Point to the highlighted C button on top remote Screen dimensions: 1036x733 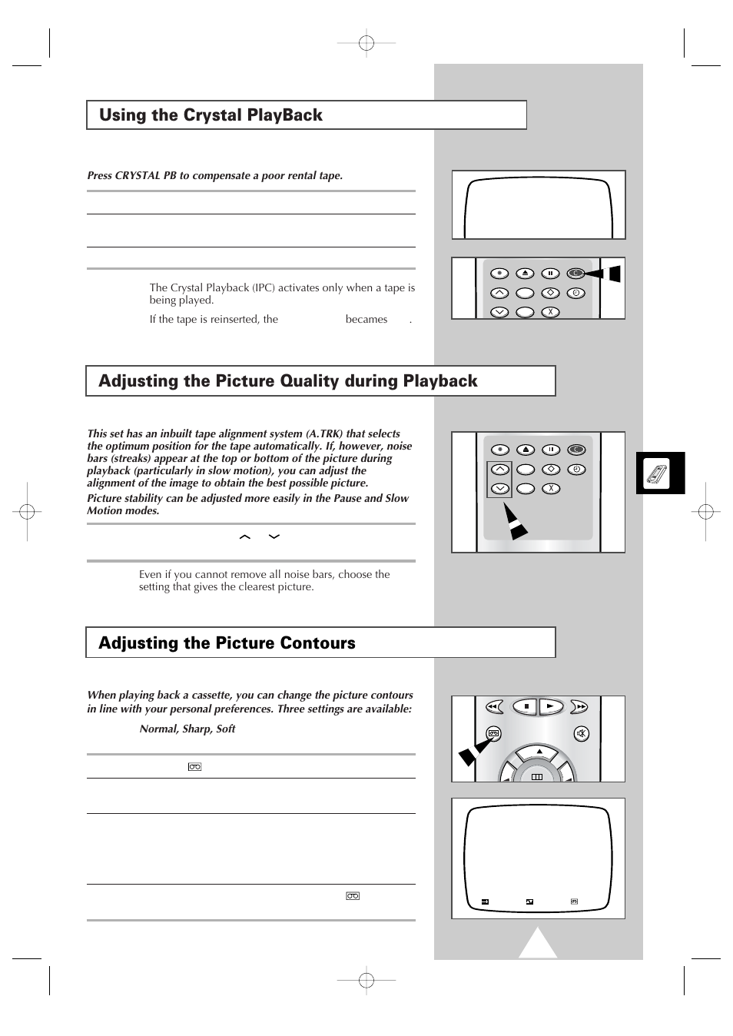[x=575, y=273]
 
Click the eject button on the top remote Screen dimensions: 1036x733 [x=525, y=273]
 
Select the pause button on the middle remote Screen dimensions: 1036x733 [x=550, y=450]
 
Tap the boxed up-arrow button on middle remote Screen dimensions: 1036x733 [x=499, y=470]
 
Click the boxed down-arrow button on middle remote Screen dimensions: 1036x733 [x=499, y=489]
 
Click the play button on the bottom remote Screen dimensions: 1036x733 [x=550, y=706]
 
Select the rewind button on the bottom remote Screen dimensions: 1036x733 [x=494, y=706]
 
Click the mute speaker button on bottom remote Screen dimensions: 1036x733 [x=582, y=734]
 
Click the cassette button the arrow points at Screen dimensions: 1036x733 [x=494, y=734]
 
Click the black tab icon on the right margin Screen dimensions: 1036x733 [x=659, y=473]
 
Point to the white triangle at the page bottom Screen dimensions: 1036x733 [x=537, y=945]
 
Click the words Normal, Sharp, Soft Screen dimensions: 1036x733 [x=187, y=729]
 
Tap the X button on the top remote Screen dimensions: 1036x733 [x=550, y=312]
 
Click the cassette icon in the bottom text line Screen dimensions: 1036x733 [x=353, y=896]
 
